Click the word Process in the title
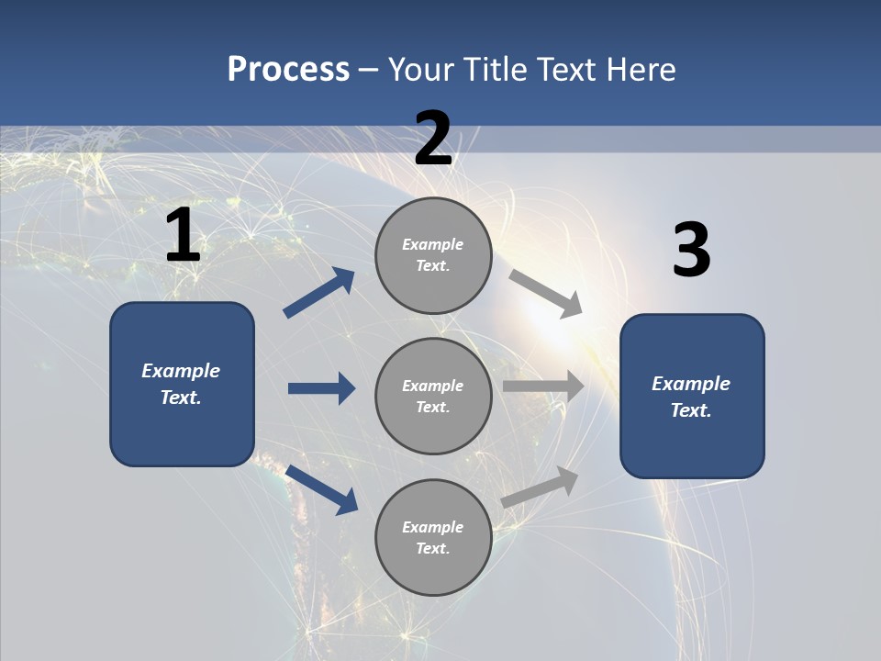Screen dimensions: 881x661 [288, 70]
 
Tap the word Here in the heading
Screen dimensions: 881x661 [641, 69]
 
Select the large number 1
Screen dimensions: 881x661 [184, 234]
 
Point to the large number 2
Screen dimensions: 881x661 [433, 138]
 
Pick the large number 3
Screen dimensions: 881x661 [692, 249]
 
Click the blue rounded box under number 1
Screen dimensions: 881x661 [182, 385]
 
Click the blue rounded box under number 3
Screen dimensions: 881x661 [692, 397]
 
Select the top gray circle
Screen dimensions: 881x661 [434, 256]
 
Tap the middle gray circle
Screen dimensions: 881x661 [434, 397]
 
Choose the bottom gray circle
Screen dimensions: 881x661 [434, 538]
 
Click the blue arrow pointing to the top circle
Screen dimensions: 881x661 [319, 292]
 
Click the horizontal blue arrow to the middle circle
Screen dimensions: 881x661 [322, 388]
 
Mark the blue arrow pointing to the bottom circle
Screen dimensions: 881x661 [322, 490]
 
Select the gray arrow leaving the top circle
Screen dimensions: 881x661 [546, 294]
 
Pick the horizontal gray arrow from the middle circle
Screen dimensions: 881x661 [543, 387]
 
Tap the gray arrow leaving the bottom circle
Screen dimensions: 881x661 [540, 487]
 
